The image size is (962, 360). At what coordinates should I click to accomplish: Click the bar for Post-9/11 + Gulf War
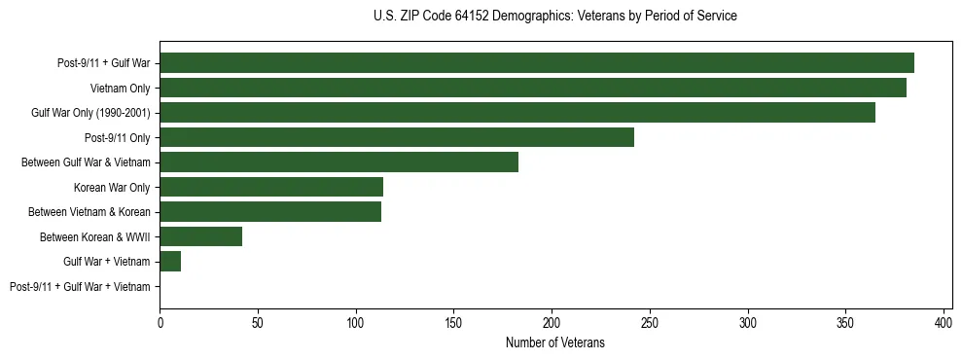(x=537, y=63)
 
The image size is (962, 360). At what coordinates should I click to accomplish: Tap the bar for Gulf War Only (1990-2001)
(x=517, y=113)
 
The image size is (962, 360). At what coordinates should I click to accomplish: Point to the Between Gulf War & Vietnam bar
(x=338, y=162)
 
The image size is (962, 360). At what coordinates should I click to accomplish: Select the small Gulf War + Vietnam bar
(x=170, y=262)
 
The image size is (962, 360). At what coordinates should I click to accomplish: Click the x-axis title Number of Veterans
(x=555, y=342)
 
